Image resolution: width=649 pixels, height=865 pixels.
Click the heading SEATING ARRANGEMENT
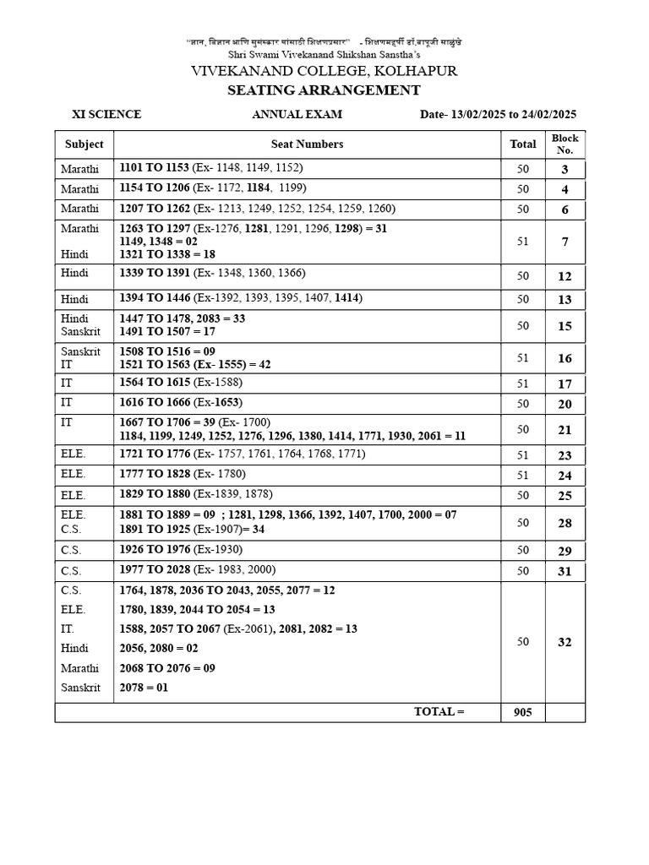click(x=324, y=90)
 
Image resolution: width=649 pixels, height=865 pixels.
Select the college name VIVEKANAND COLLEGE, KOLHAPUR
click(x=324, y=71)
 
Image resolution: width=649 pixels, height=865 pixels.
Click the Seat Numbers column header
click(x=307, y=144)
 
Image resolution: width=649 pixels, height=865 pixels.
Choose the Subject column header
click(x=84, y=144)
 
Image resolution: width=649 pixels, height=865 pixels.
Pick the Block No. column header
click(x=564, y=144)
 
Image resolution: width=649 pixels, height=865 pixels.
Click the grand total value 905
click(x=522, y=712)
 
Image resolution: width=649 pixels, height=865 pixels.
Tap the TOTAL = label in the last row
click(x=439, y=711)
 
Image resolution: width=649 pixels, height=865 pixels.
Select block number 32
click(x=564, y=642)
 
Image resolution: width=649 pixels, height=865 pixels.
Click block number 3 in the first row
click(x=564, y=170)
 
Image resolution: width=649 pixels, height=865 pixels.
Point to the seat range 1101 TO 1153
click(x=155, y=168)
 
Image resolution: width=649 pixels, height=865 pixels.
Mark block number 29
click(x=564, y=551)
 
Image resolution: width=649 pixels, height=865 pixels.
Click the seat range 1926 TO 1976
click(x=155, y=549)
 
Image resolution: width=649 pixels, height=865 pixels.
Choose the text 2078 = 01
click(x=145, y=688)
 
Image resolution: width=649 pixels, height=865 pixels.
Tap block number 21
click(x=564, y=430)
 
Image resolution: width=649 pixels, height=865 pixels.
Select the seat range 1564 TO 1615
click(x=155, y=383)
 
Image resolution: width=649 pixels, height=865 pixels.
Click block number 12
click(x=564, y=276)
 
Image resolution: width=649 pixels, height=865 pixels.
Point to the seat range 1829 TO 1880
click(x=155, y=494)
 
